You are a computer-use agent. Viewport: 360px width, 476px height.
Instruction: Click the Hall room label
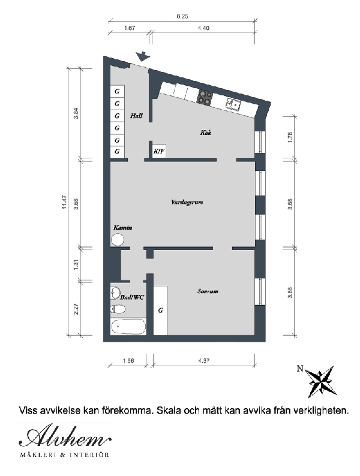point(136,116)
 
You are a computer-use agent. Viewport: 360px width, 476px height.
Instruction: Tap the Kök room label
point(206,132)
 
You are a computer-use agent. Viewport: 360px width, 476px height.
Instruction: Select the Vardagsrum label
point(187,202)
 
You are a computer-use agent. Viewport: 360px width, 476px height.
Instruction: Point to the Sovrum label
point(208,291)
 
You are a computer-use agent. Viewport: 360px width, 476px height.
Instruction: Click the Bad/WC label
point(132,297)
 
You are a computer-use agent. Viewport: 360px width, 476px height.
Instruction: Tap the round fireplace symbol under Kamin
point(118,240)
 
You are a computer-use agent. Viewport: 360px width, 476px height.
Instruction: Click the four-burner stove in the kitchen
point(205,98)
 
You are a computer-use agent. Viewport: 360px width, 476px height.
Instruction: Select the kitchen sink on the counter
point(233,104)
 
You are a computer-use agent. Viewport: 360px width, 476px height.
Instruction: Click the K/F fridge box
point(159,151)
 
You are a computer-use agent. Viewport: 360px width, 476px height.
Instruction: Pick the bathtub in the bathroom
point(128,326)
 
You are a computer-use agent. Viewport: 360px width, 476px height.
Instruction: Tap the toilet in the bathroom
point(118,309)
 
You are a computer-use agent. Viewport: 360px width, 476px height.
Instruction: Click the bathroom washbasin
point(115,293)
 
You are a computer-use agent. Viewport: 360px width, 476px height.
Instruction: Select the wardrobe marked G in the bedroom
point(160,311)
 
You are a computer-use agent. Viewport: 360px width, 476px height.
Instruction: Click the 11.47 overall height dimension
point(64,202)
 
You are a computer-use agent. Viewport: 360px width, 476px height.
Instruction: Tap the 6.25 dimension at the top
point(182,17)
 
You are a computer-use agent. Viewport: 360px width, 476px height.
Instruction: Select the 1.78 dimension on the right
point(290,137)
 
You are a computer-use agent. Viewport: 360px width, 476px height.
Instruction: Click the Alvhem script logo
point(65,436)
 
